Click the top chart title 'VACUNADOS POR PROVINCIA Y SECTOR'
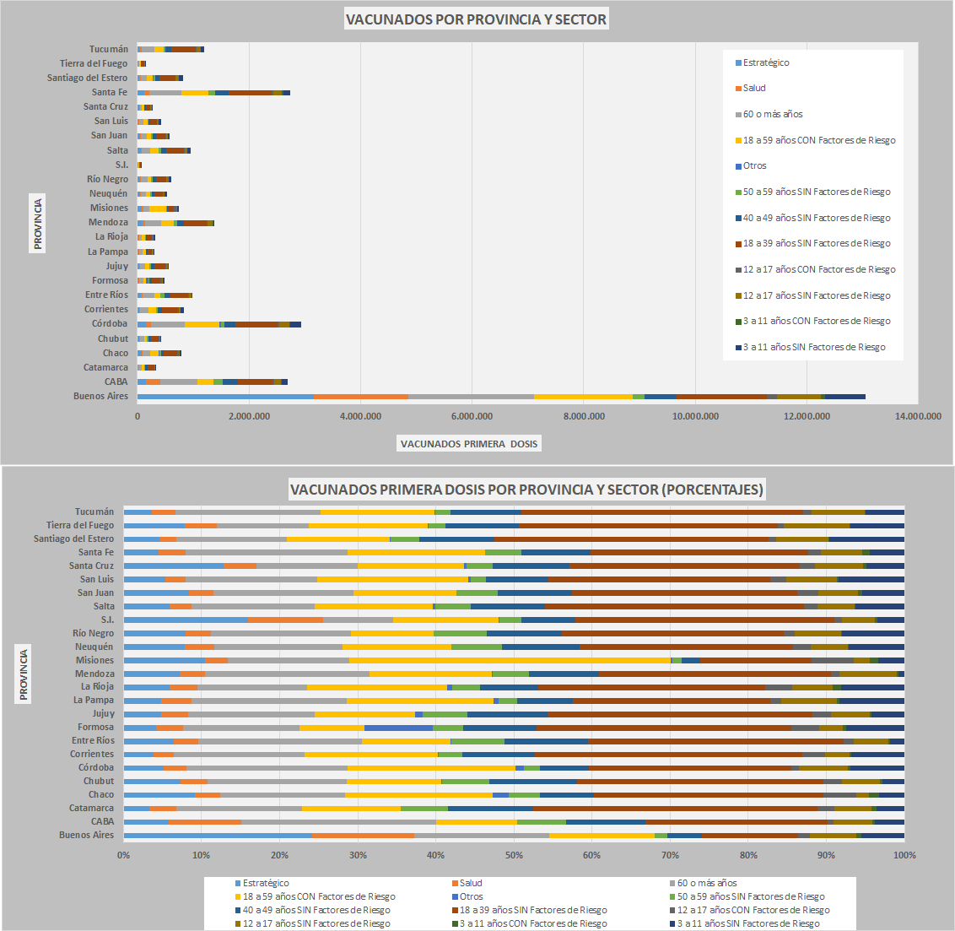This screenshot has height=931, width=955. click(476, 19)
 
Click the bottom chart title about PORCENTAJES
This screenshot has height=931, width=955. click(526, 490)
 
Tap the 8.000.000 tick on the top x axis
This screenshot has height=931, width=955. click(584, 415)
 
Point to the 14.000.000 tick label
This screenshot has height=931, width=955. click(918, 415)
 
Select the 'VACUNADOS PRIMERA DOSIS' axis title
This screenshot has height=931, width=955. click(468, 443)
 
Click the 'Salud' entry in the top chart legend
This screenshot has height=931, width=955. click(754, 88)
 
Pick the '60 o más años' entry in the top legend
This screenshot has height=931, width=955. click(772, 114)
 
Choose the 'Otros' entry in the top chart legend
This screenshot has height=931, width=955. click(754, 165)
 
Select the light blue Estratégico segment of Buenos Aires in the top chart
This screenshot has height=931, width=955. click(225, 396)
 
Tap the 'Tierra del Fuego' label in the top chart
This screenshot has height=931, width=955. click(94, 63)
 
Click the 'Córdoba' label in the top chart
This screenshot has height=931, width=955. click(110, 323)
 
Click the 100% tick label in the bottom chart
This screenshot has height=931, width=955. click(904, 855)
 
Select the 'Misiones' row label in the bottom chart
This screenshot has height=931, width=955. click(94, 660)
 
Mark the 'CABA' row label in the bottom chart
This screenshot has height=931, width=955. click(102, 821)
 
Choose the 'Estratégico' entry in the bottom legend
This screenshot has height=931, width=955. click(266, 883)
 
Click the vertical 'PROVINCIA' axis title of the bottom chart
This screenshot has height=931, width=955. click(24, 674)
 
